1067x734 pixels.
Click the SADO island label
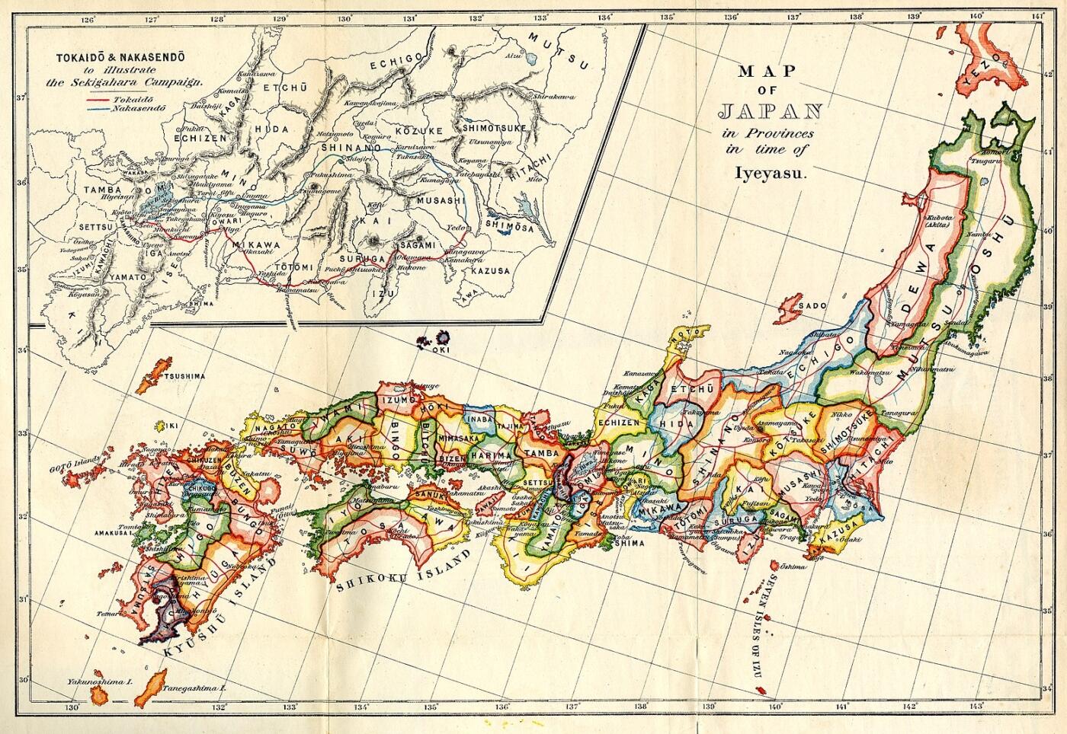pos(813,305)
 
